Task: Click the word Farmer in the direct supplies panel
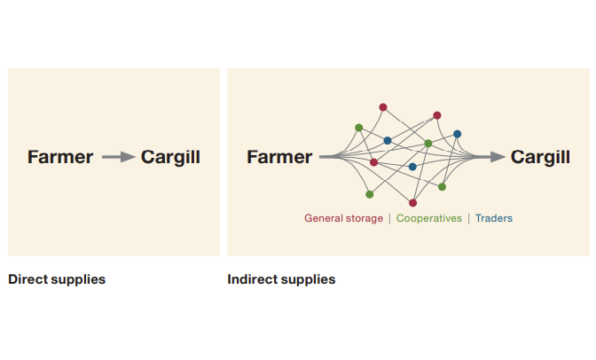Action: (60, 157)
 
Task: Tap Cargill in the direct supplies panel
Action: (170, 157)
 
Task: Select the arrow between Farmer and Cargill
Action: (117, 157)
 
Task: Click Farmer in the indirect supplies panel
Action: (279, 157)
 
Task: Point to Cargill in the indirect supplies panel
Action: (540, 157)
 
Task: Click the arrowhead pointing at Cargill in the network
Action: (496, 157)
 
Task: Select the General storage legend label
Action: (343, 218)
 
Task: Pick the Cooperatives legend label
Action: (429, 218)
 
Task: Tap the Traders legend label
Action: (494, 218)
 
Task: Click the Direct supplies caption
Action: (57, 279)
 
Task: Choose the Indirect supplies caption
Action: (281, 279)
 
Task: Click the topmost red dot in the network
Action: (383, 107)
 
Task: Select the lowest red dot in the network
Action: (412, 203)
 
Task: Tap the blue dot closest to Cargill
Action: (457, 134)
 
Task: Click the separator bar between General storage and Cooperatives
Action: (389, 218)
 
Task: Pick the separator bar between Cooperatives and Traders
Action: (469, 218)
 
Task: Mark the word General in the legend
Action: (323, 218)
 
